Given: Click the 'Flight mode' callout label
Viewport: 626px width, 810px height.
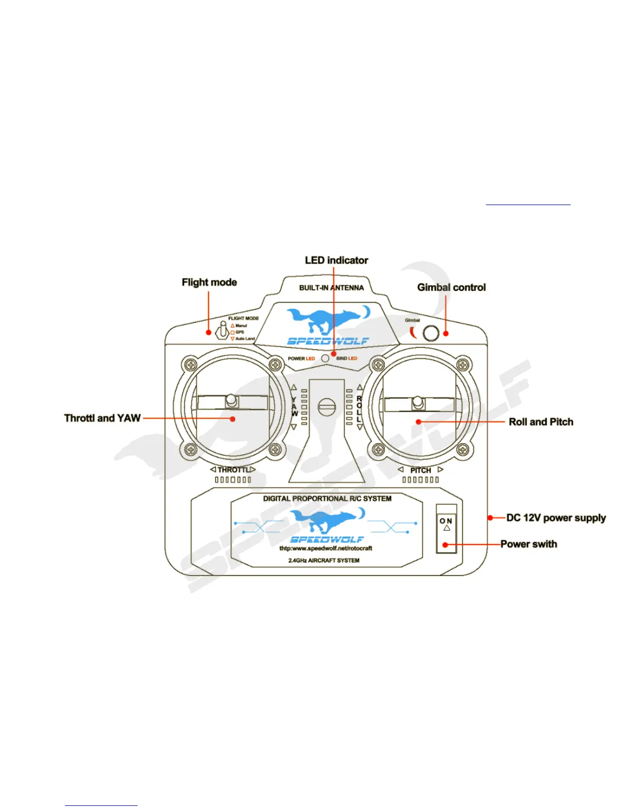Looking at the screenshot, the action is (209, 282).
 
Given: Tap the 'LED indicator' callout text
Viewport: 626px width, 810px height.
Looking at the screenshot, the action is (337, 260).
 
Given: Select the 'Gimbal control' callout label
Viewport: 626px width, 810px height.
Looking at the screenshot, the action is (451, 287).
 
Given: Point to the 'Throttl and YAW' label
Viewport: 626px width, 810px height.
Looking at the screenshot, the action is (102, 418).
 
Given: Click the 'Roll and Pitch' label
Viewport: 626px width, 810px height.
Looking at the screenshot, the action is (541, 422).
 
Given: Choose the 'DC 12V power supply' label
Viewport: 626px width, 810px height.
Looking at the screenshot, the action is (556, 518).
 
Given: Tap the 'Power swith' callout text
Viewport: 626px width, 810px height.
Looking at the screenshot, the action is (528, 544).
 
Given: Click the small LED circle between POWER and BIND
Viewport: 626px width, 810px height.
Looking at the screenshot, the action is (325, 358).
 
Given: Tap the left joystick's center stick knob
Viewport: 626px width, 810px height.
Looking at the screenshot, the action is (231, 400).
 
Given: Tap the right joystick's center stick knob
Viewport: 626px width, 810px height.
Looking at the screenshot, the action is (418, 402).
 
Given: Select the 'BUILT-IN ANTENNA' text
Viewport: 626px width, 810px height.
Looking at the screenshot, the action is (331, 288).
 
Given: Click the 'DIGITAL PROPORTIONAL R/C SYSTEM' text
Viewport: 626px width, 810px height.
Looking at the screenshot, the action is (327, 499).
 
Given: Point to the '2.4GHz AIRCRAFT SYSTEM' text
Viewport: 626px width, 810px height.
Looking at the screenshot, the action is (324, 560).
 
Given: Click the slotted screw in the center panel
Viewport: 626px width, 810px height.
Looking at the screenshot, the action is (326, 407).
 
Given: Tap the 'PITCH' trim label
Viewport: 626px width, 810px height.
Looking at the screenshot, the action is (420, 470).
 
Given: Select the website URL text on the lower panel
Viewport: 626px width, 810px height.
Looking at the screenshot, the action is (326, 549).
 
